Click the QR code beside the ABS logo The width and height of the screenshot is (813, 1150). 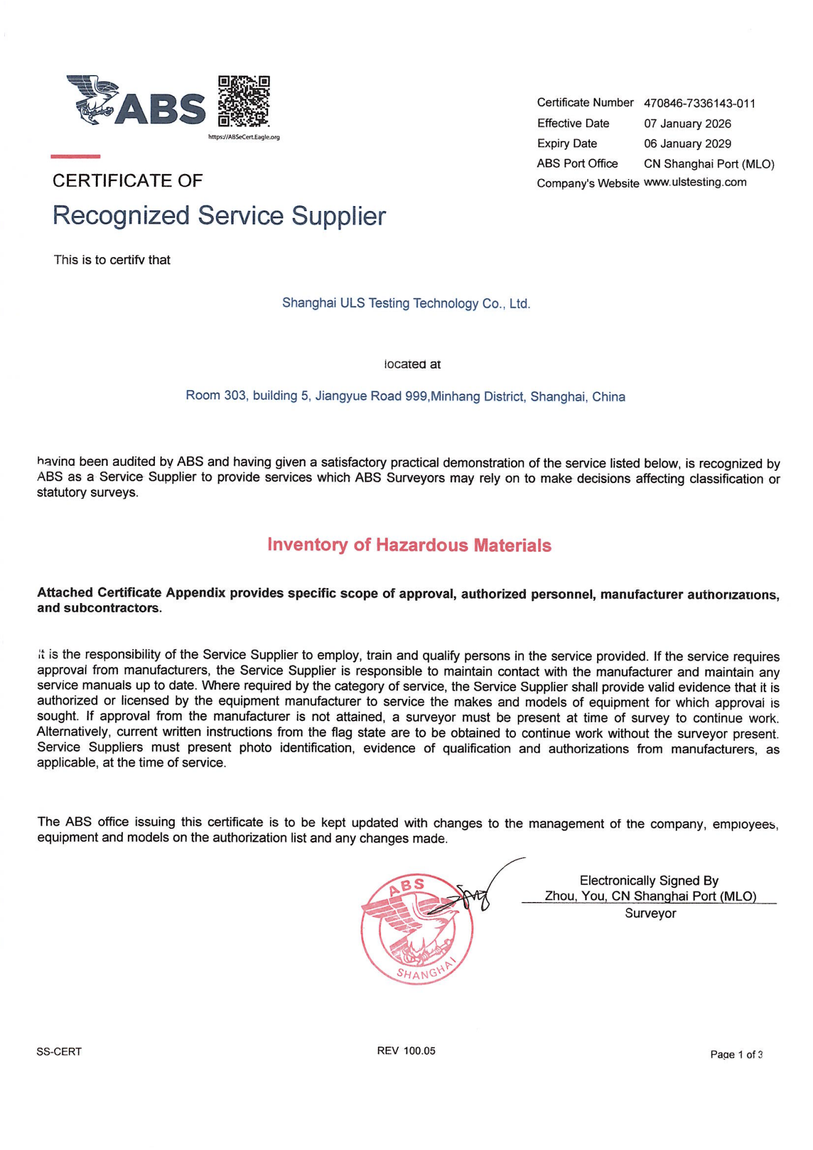click(x=244, y=101)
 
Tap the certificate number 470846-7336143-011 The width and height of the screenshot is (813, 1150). click(x=699, y=103)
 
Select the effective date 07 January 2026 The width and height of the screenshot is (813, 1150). click(x=687, y=124)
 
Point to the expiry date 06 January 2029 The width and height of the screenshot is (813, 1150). click(x=687, y=144)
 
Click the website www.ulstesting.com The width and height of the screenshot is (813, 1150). click(x=695, y=182)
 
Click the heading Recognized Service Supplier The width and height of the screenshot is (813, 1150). click(x=219, y=216)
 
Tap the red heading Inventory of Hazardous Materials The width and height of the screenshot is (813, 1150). click(x=409, y=545)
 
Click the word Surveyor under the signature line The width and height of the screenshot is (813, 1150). click(x=650, y=914)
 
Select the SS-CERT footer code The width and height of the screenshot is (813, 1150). click(x=59, y=1052)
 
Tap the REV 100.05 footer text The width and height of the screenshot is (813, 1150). click(x=406, y=1051)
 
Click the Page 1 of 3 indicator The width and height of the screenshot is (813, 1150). click(x=736, y=1055)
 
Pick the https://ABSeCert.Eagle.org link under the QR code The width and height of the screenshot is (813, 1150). click(x=244, y=137)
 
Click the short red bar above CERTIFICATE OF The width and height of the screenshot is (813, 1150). click(x=75, y=157)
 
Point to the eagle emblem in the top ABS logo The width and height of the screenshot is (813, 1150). click(x=94, y=99)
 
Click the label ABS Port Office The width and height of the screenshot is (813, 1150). click(x=577, y=164)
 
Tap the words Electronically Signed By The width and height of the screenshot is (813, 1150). click(x=649, y=880)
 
